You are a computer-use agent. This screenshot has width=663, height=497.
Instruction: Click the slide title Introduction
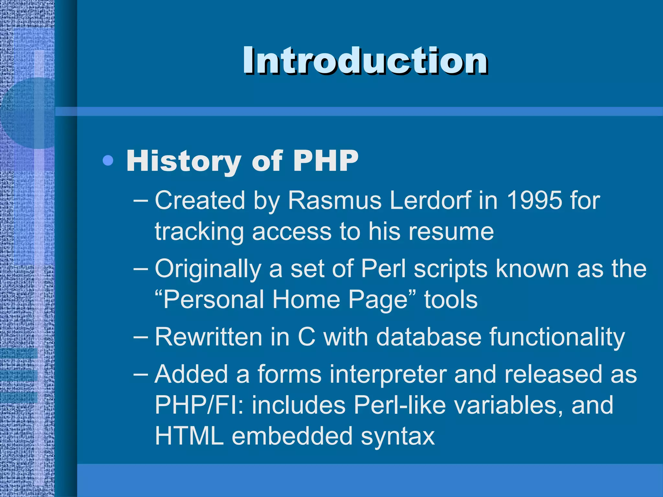tap(365, 61)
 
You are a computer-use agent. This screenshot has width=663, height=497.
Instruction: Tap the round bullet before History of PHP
tap(108, 160)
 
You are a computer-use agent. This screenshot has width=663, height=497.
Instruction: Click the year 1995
tap(534, 200)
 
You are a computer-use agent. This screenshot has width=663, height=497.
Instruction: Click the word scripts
tap(450, 269)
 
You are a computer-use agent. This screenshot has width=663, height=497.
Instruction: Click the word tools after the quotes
tap(451, 300)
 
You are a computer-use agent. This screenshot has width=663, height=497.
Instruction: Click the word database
tap(429, 337)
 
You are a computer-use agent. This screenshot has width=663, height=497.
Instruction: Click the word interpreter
tap(388, 374)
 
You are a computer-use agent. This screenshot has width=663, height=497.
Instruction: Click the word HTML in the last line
tap(189, 436)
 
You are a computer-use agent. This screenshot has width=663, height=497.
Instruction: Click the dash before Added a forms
tap(140, 374)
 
